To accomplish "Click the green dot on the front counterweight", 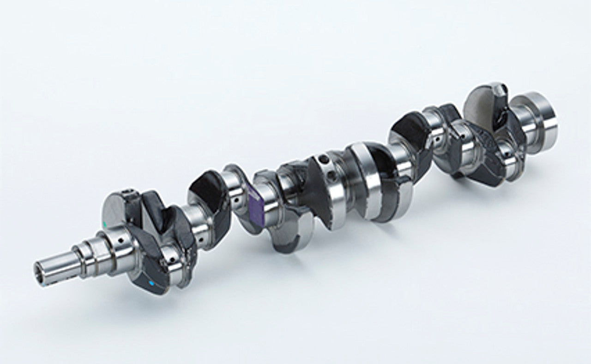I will click(107, 224).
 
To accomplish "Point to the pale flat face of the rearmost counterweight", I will click(480, 104).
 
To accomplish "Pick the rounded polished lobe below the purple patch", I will click(286, 235).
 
